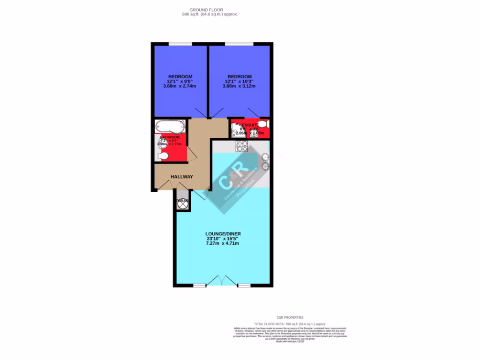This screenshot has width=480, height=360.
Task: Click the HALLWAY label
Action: point(182,177)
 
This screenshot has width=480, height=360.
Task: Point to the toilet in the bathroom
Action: point(163,156)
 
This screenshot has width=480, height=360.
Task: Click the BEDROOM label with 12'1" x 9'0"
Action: point(180,77)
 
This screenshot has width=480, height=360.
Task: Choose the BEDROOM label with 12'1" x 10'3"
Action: point(240,77)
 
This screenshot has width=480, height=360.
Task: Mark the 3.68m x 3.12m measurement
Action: point(240,86)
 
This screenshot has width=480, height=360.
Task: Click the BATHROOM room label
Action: point(170,137)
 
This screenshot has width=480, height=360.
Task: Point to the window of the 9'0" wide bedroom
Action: point(180,44)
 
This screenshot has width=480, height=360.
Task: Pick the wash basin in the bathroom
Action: point(158,143)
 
